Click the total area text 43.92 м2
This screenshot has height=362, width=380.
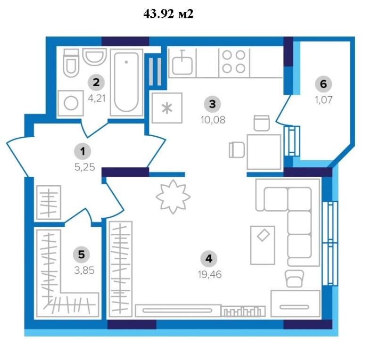(x=168, y=14)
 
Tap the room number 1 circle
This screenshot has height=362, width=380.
(x=83, y=151)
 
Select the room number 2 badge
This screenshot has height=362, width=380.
(x=96, y=82)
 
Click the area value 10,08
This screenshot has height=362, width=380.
(x=213, y=120)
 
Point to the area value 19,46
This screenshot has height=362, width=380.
(x=210, y=274)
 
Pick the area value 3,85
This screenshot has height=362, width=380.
(x=84, y=270)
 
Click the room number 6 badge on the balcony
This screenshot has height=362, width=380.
(x=323, y=84)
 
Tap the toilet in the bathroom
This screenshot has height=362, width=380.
(x=71, y=63)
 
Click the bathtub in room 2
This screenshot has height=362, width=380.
(x=126, y=82)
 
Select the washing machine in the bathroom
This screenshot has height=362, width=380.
(x=71, y=103)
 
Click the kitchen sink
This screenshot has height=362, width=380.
(x=182, y=63)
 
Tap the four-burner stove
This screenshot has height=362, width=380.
(x=234, y=62)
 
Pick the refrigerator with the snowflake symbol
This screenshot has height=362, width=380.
(x=167, y=108)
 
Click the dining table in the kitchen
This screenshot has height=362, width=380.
(x=264, y=152)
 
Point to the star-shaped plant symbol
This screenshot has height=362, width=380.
(x=173, y=197)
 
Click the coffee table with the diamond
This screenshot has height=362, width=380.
(x=263, y=245)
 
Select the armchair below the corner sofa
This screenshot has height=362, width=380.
(x=295, y=279)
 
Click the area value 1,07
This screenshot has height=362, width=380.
(x=323, y=99)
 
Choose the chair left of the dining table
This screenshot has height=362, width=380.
(x=237, y=150)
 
